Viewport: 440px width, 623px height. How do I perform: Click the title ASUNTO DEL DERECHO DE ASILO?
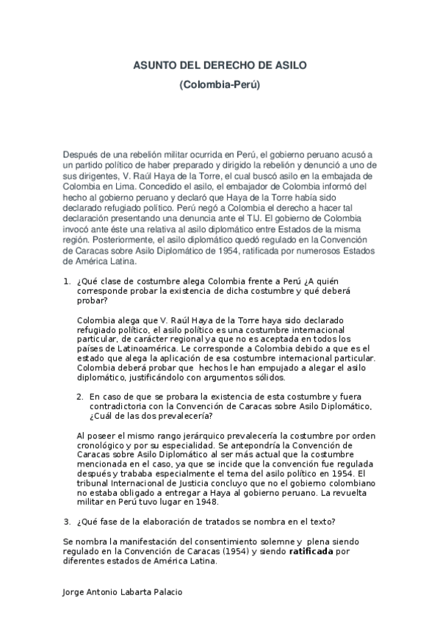point(220,65)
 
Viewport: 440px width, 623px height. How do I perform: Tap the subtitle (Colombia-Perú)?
point(220,85)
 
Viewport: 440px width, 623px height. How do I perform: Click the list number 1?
point(66,281)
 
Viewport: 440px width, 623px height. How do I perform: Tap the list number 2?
point(80,396)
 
